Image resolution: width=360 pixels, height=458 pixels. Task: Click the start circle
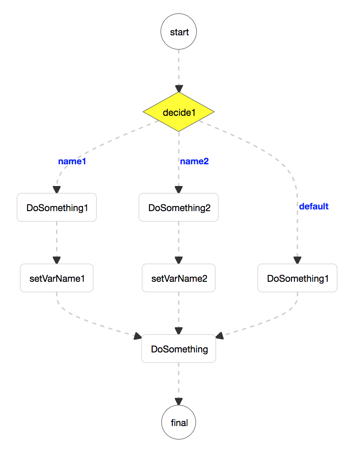[179, 32]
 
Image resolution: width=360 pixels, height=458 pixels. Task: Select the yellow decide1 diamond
[179, 112]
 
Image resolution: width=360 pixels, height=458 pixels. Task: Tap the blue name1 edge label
[72, 161]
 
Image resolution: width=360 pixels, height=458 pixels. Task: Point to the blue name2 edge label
[194, 161]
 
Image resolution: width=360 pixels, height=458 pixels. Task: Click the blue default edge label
[314, 206]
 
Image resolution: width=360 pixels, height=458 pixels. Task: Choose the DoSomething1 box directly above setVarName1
[57, 208]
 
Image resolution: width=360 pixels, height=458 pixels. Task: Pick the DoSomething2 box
[179, 208]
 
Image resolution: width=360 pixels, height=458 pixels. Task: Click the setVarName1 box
[57, 278]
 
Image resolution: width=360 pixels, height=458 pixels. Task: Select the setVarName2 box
[179, 278]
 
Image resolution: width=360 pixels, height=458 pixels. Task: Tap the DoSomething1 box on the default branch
[297, 278]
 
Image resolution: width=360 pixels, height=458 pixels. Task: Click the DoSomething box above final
[179, 349]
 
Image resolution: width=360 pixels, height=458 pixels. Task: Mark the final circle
[179, 423]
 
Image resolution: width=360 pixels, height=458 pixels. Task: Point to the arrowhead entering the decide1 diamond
[179, 89]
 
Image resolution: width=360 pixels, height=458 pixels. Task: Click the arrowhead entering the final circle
[179, 401]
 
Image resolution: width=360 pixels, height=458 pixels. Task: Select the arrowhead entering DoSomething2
[179, 189]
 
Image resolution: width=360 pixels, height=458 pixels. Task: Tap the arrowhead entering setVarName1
[57, 260]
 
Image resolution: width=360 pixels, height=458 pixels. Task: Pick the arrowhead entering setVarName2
[179, 260]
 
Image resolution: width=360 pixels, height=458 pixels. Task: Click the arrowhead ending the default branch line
[297, 260]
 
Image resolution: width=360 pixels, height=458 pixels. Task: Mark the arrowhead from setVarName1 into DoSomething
[137, 337]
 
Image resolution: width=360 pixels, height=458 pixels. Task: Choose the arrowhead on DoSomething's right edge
[220, 336]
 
